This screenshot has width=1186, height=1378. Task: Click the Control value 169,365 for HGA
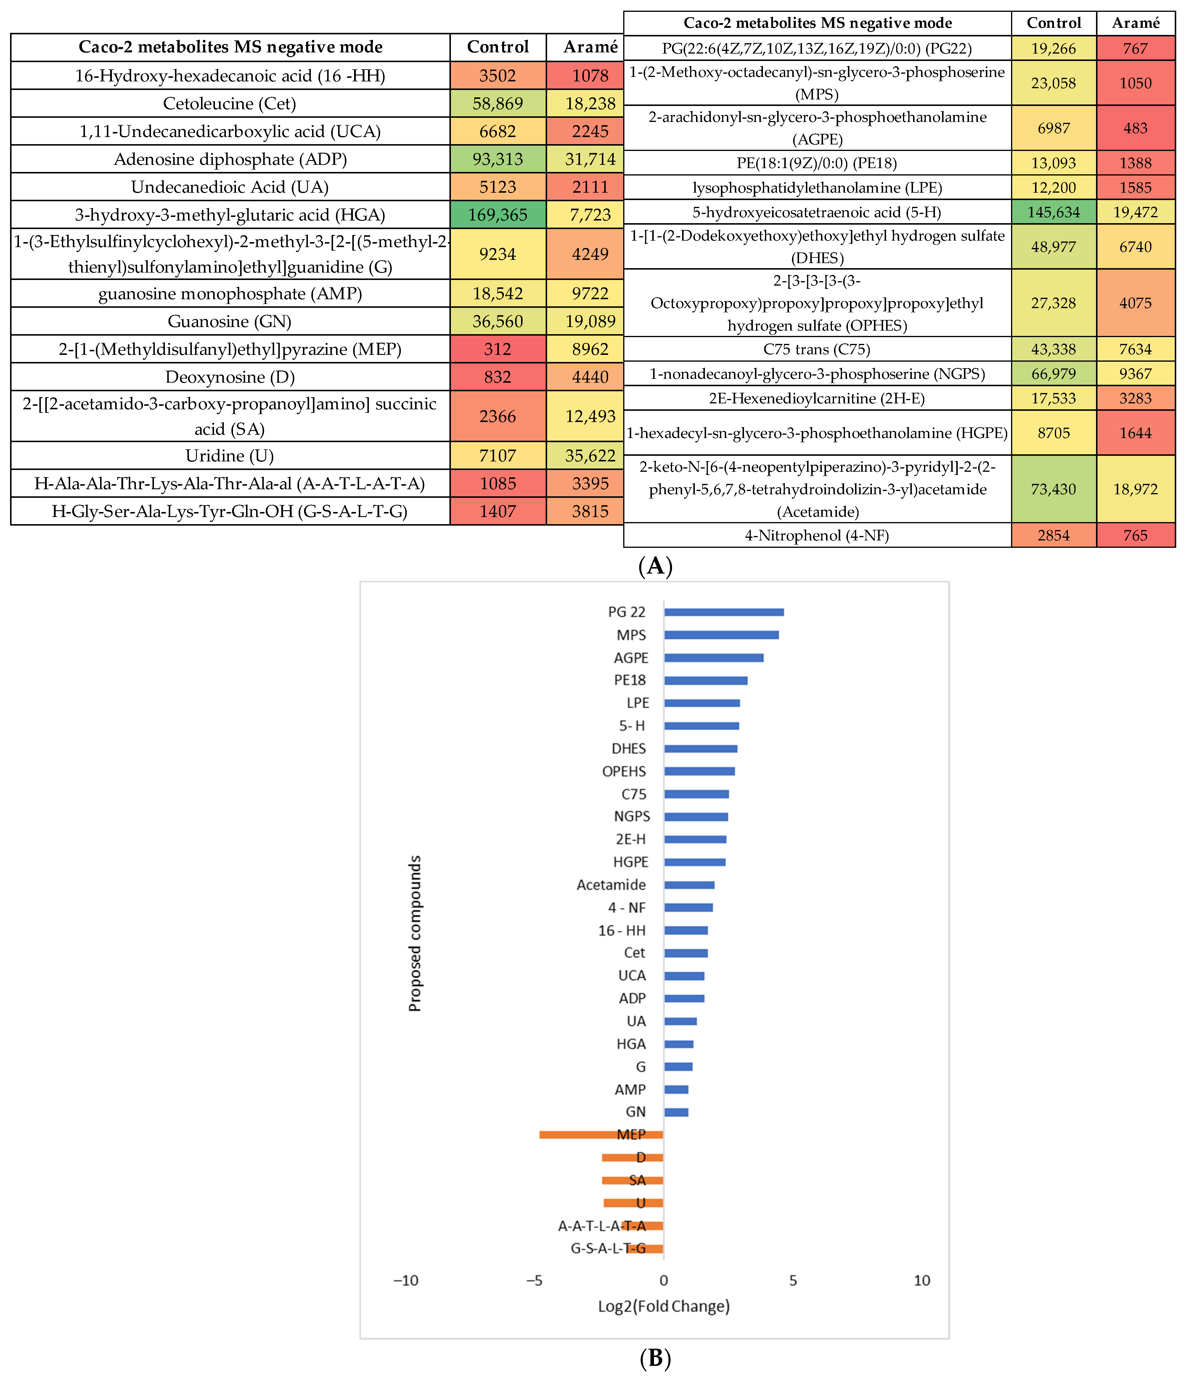point(498,215)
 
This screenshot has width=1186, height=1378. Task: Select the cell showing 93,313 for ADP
point(498,160)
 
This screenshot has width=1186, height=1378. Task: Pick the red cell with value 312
point(498,349)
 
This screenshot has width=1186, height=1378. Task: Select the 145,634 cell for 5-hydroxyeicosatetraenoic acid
point(1054,212)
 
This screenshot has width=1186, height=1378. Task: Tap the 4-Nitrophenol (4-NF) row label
point(817,535)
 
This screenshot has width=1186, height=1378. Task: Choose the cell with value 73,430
point(1054,489)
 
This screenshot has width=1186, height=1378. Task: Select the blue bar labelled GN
point(676,1112)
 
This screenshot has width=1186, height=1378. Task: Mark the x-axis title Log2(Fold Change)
point(663,1306)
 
